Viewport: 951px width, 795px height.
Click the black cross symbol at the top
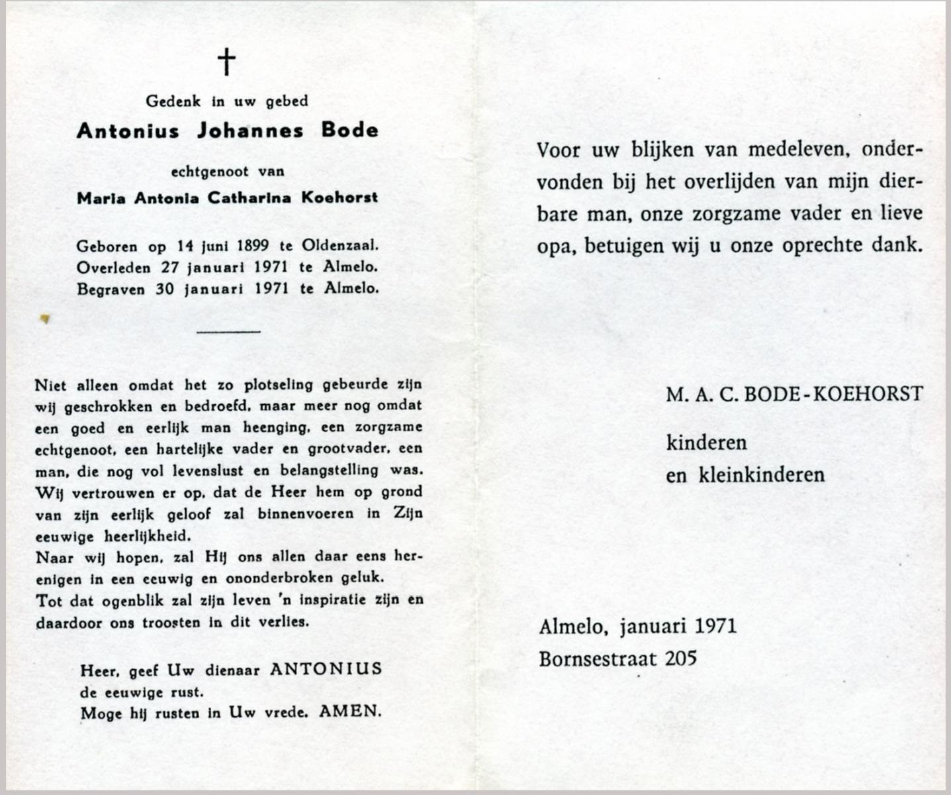226,62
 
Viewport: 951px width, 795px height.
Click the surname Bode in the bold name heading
350,130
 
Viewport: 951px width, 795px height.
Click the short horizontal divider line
228,331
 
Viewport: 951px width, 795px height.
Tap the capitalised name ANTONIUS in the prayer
326,669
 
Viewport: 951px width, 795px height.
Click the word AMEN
350,712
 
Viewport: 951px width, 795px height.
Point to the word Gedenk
173,101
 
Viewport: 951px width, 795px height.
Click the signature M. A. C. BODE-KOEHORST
793,394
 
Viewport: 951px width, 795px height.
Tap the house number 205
681,659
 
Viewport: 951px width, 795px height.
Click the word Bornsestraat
598,659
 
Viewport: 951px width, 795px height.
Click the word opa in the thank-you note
555,246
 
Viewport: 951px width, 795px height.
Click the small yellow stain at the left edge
45,319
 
